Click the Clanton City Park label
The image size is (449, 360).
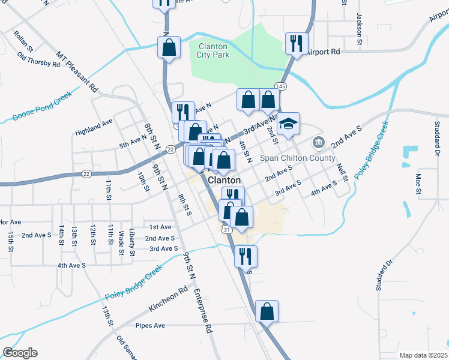(x=212, y=50)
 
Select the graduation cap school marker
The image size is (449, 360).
(x=288, y=124)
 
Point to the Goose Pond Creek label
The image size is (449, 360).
(x=41, y=107)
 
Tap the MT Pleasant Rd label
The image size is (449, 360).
(x=77, y=71)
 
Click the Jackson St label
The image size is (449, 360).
(x=360, y=29)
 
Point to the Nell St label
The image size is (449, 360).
(x=343, y=172)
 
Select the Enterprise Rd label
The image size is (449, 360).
(x=203, y=311)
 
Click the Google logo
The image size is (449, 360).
(x=20, y=353)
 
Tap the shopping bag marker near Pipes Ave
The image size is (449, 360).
(x=267, y=312)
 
